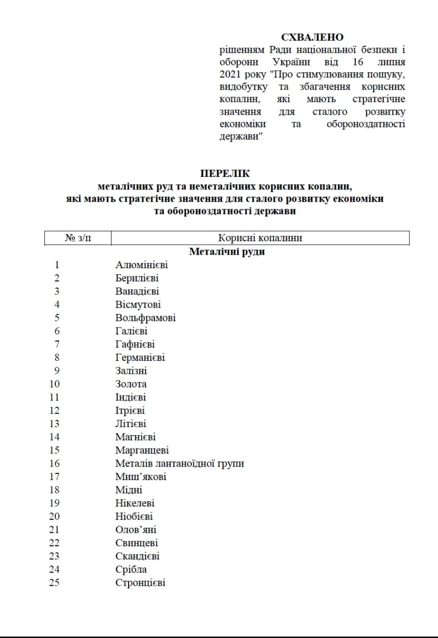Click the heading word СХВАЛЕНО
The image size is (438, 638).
coord(312,37)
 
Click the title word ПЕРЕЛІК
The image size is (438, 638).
coord(225,174)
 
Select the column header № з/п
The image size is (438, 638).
coord(78,238)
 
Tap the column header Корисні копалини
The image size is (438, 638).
coord(260,238)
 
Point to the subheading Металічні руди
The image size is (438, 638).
coord(227,252)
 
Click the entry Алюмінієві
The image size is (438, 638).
coord(142,265)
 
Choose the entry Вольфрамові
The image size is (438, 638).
coord(146,318)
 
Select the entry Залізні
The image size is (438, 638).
coord(131,371)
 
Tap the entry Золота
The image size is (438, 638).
coord(131,384)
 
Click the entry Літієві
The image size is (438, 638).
coord(131,424)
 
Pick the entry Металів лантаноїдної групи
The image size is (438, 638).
coord(180,464)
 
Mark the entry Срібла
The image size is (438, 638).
coord(131,569)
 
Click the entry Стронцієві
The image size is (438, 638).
coord(141,583)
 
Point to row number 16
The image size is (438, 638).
coord(54,464)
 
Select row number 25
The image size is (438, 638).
coord(54,583)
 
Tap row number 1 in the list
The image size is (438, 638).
coord(57,265)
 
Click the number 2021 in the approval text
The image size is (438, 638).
coord(230,75)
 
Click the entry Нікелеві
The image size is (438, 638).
coord(135,503)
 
